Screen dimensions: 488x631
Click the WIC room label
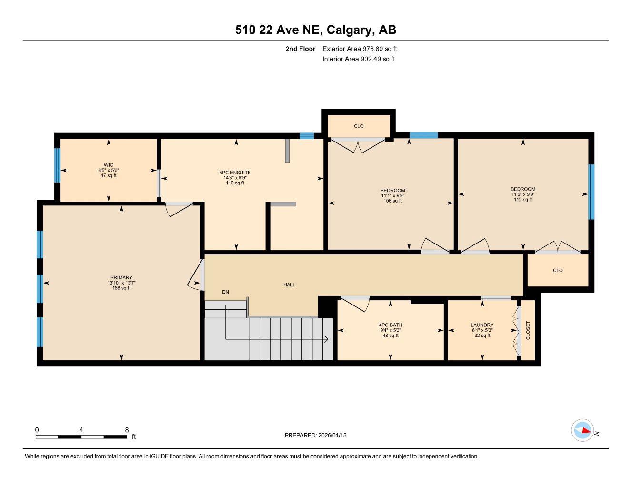pos(108,165)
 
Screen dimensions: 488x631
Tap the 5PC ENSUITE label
pos(235,173)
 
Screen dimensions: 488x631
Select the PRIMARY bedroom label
pos(121,277)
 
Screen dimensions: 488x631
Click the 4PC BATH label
pos(391,325)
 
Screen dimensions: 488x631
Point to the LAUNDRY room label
pos(482,325)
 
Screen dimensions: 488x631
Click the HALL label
pos(289,285)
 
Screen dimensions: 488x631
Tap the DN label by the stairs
pos(225,292)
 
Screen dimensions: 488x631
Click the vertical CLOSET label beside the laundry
pos(528,330)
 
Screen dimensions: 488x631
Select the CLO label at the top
pos(359,126)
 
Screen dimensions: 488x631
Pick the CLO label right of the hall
pos(558,270)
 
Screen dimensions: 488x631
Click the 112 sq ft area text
pos(523,200)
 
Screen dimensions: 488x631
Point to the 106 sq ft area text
pos(393,201)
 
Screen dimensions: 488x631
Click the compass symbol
pos(582,430)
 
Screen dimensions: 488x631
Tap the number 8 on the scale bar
pos(127,430)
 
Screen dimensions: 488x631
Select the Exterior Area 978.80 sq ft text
pos(360,49)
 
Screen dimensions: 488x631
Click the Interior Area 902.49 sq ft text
pos(359,59)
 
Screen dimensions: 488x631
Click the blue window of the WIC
pos(57,165)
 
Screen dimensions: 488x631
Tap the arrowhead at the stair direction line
pos(326,339)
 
